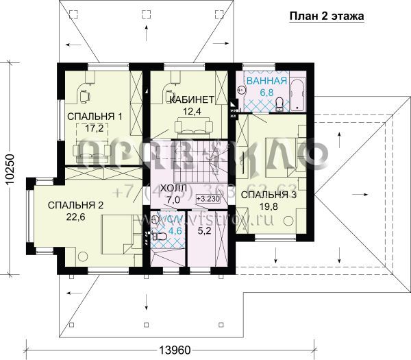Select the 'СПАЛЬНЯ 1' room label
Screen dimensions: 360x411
[x=94, y=116]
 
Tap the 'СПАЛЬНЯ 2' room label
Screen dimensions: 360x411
[x=75, y=205]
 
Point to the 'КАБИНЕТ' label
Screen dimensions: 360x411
[x=188, y=99]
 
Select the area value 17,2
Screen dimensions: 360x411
[x=94, y=128]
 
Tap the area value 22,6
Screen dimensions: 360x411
[x=75, y=218]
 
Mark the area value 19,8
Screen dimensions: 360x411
[x=269, y=207]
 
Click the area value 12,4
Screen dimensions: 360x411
[x=188, y=111]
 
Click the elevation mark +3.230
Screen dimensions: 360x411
[x=208, y=199]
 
